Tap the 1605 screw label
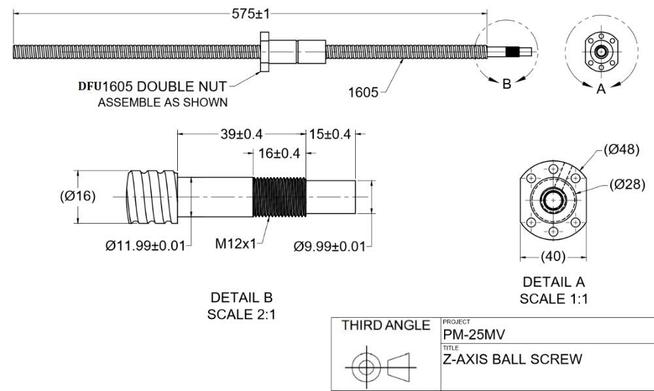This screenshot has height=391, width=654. pyautogui.click(x=363, y=92)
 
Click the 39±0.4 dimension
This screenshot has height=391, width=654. pyautogui.click(x=239, y=134)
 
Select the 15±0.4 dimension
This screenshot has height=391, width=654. pyautogui.click(x=330, y=134)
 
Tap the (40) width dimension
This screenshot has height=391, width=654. pyautogui.click(x=553, y=256)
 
